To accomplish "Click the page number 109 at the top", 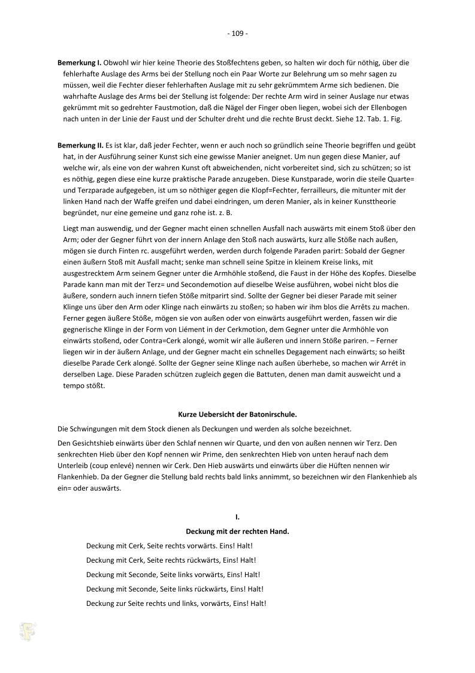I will coord(237,34).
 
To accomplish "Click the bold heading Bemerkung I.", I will coord(80,62).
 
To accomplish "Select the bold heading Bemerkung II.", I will coord(80,146).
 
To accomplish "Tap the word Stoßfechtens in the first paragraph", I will coord(220,62).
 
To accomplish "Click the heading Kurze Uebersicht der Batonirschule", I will coord(237,414).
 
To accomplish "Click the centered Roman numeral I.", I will coord(237,516).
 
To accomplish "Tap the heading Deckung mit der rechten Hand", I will coord(237,531).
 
